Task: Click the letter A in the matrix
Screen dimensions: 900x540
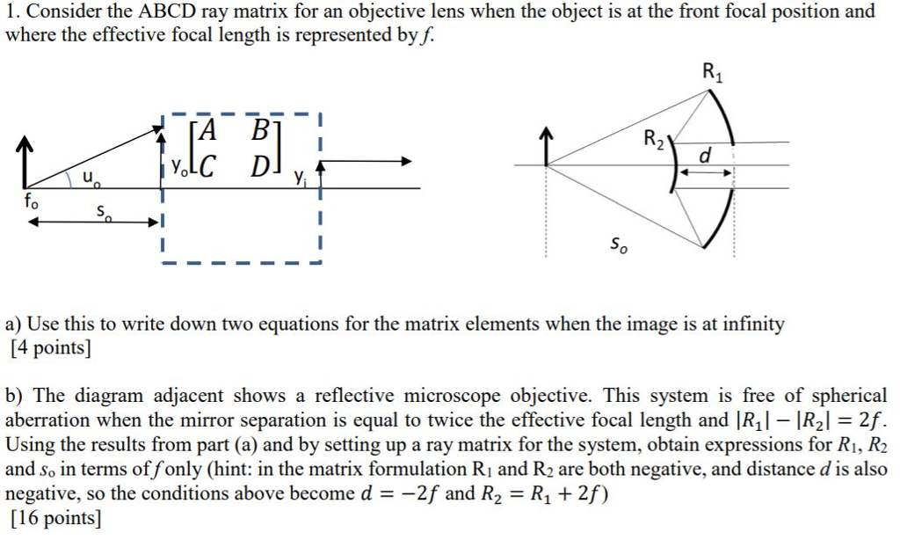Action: pyautogui.click(x=207, y=130)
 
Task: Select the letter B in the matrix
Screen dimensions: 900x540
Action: pyautogui.click(x=260, y=130)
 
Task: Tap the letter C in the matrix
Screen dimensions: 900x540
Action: pyautogui.click(x=207, y=166)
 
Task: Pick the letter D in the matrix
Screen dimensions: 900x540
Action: pyautogui.click(x=261, y=166)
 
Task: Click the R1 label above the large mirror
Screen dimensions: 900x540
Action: pyautogui.click(x=713, y=72)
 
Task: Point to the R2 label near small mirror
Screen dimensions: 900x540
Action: pyautogui.click(x=654, y=139)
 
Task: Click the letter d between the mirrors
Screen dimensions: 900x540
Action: pyautogui.click(x=706, y=155)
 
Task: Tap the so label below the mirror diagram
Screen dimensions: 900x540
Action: pyautogui.click(x=618, y=244)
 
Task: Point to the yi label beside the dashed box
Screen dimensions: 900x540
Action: pyautogui.click(x=299, y=177)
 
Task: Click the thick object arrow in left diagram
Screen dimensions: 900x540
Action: pyautogui.click(x=24, y=162)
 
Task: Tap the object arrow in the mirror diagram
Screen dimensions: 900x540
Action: pyautogui.click(x=547, y=147)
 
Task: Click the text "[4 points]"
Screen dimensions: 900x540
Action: pyautogui.click(x=51, y=347)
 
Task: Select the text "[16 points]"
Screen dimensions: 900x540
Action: pyautogui.click(x=55, y=518)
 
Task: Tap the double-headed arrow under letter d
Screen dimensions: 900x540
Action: pyautogui.click(x=706, y=171)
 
